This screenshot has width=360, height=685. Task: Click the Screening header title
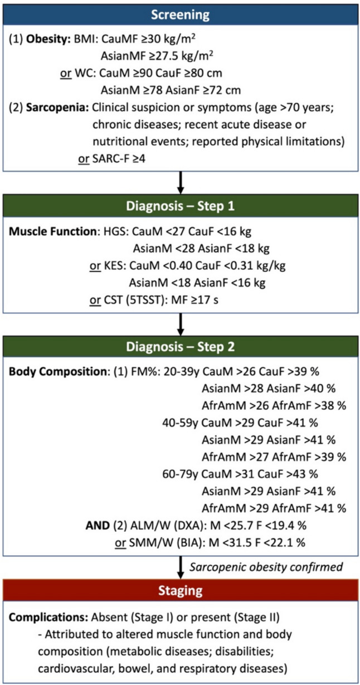pyautogui.click(x=180, y=13)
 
